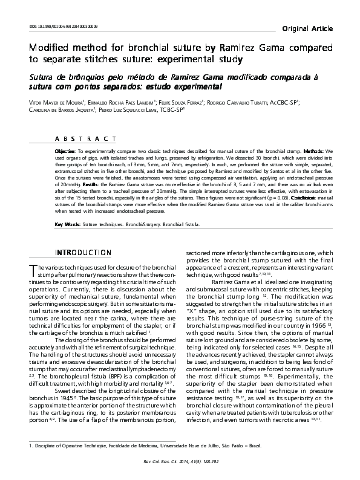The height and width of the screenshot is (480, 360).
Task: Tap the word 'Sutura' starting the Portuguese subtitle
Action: pos(46,77)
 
